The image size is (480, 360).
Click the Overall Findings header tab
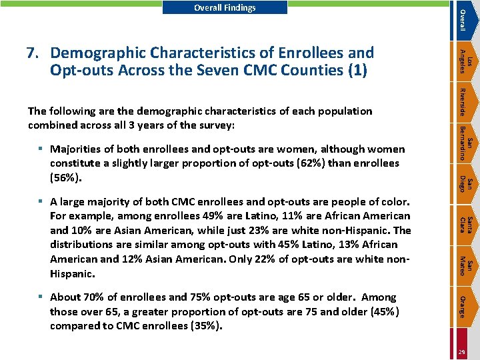pos(225,8)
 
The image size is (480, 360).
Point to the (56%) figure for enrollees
pos(66,177)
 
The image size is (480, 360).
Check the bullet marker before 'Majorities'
pos(41,149)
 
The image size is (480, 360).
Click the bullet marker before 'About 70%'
pos(41,297)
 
